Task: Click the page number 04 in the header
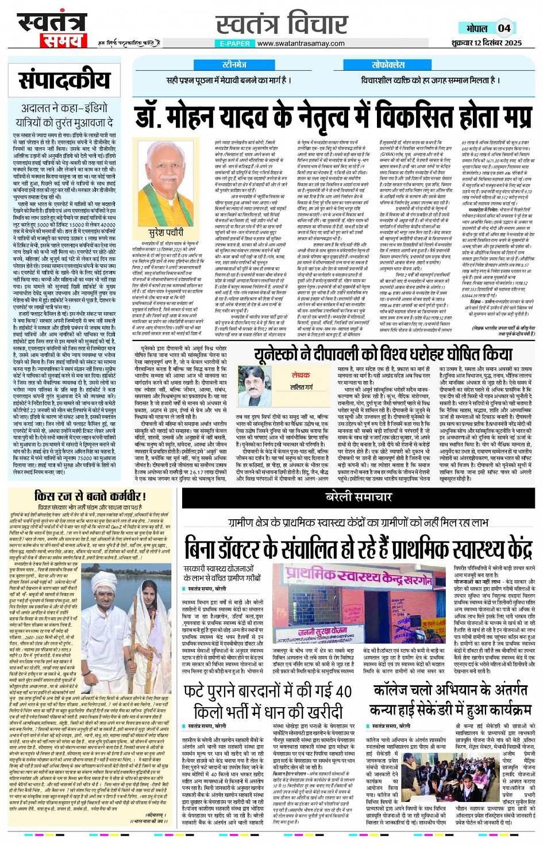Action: (504, 28)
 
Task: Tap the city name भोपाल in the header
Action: (476, 29)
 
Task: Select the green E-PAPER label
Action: (235, 44)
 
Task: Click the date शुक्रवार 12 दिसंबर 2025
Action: (487, 43)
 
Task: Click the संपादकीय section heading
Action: (64, 80)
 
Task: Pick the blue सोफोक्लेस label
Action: (388, 64)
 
